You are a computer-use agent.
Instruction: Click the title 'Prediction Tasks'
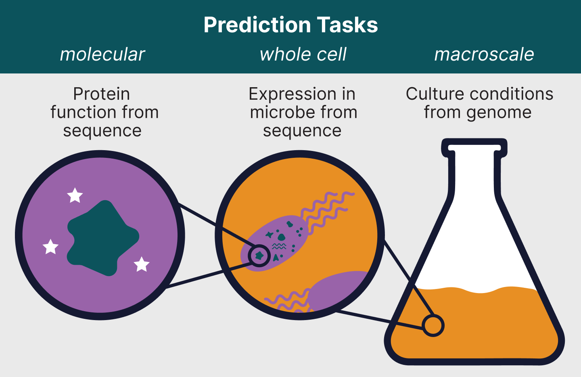(290, 25)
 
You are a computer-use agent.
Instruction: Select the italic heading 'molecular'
(102, 54)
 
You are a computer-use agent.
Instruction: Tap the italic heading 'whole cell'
(303, 54)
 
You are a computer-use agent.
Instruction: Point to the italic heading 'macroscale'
(484, 54)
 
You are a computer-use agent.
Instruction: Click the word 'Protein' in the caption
(102, 94)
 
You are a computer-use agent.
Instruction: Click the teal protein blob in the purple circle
(103, 238)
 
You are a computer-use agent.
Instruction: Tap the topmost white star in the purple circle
(75, 196)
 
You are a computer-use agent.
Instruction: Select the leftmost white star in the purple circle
(51, 247)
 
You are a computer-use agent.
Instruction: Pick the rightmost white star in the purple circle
(142, 264)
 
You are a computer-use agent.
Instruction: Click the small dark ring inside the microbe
(259, 255)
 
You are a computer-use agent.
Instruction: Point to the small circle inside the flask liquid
(433, 325)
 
